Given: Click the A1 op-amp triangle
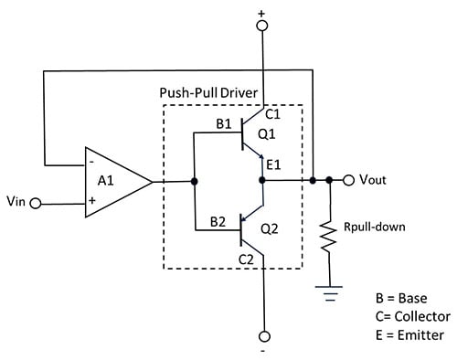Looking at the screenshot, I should (114, 182).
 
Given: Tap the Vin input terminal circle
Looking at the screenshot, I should (36, 204).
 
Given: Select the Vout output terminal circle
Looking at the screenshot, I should (348, 180).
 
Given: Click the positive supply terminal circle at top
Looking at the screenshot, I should (262, 26).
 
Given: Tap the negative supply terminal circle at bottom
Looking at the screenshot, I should (263, 336).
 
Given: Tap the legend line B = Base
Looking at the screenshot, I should (402, 298).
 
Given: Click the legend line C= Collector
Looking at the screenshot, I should (412, 316).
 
